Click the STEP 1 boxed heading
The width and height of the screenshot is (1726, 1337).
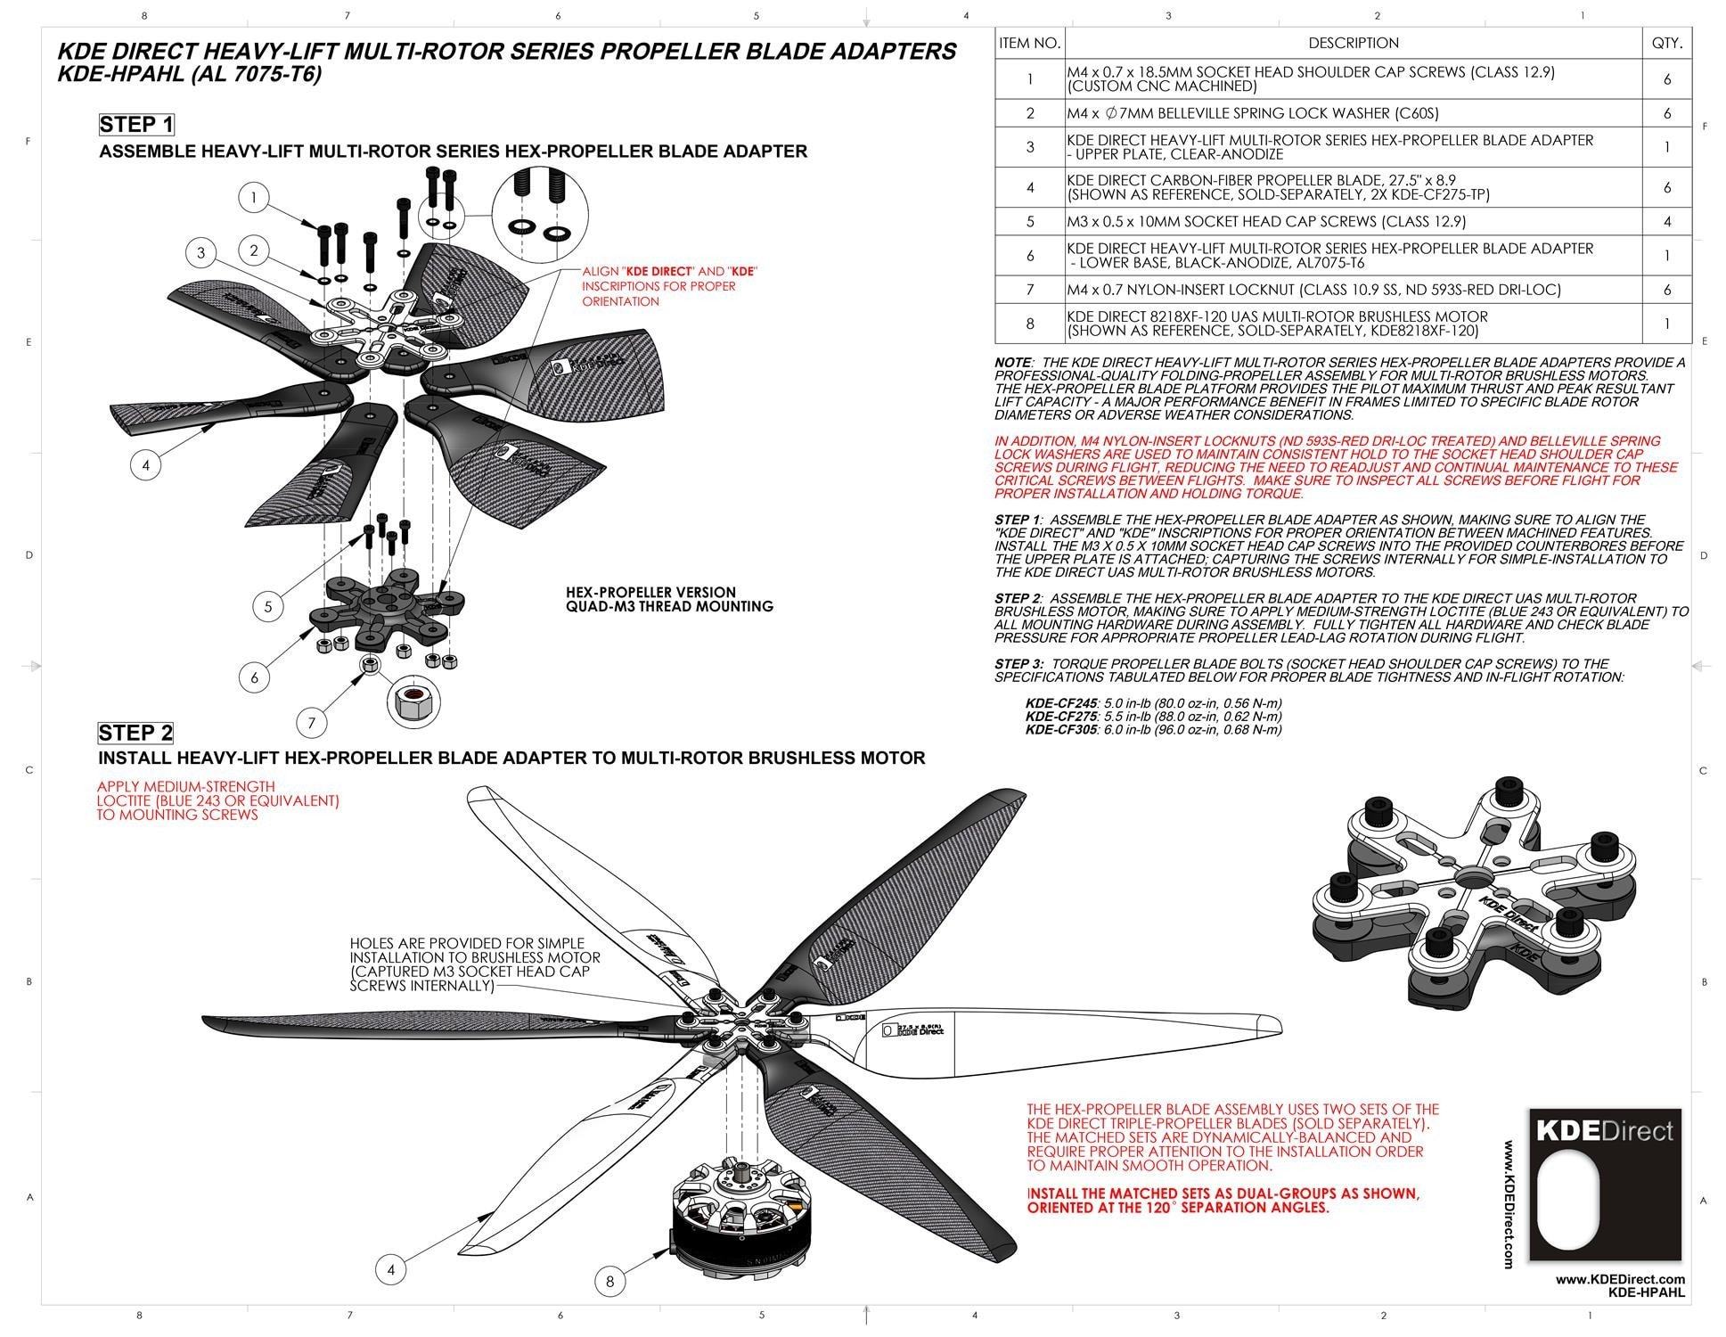click(135, 124)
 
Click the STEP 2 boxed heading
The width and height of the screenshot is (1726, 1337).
click(135, 733)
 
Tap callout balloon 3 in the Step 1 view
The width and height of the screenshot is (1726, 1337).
click(200, 253)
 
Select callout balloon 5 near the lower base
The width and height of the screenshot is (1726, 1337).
click(267, 607)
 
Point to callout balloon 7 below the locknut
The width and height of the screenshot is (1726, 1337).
click(311, 722)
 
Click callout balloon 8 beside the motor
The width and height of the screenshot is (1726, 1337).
click(609, 1282)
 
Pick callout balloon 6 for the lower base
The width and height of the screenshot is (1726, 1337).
click(254, 677)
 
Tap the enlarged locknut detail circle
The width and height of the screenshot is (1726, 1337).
click(413, 700)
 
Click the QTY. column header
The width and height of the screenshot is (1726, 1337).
click(1666, 43)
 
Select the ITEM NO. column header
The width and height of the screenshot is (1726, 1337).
click(1029, 43)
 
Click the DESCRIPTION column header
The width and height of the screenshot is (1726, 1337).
click(1353, 43)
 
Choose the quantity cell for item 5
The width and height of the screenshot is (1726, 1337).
click(1666, 221)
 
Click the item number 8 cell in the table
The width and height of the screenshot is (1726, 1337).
click(1029, 324)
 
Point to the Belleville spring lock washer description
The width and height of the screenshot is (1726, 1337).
click(1252, 113)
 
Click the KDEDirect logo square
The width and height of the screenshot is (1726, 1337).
click(1605, 1185)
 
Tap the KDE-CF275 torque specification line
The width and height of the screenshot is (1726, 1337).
click(1153, 716)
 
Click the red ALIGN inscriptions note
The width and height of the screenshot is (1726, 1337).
click(669, 286)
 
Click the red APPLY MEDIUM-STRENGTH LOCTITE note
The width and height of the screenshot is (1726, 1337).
click(217, 800)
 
